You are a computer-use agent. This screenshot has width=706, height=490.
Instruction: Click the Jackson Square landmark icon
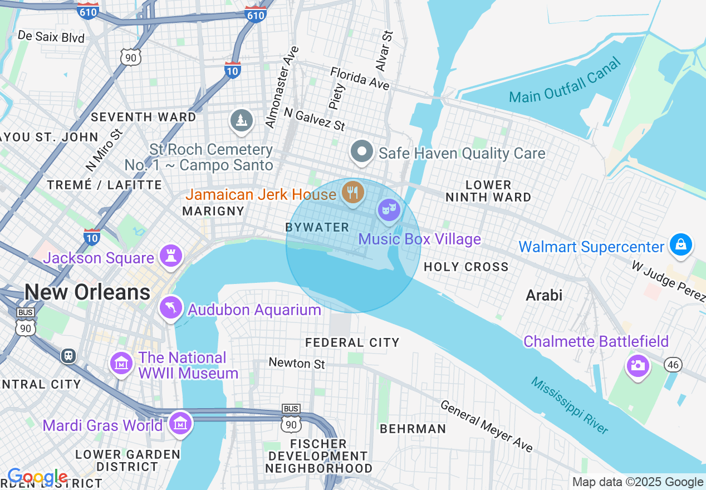[x=171, y=256]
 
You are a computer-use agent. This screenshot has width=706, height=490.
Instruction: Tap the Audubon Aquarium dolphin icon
[x=171, y=307]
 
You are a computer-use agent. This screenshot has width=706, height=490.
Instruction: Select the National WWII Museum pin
[x=121, y=363]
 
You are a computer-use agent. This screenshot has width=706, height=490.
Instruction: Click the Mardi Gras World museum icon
[x=180, y=423]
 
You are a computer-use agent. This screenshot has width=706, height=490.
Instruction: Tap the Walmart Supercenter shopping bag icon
[x=680, y=244]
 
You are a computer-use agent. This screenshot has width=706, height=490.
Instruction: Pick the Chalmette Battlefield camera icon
[x=638, y=366]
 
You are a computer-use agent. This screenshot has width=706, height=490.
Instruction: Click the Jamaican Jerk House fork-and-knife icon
[x=352, y=193]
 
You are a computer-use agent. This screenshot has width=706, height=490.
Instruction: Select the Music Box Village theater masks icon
[x=388, y=210]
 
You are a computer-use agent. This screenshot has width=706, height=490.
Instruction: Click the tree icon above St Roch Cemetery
[x=241, y=120]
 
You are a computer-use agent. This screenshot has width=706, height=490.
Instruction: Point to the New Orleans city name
[x=87, y=292]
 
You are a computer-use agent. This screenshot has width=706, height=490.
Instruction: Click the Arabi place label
[x=544, y=295]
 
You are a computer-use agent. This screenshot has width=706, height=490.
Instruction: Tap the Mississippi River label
[x=569, y=405]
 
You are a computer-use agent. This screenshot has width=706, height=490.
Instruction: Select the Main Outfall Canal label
[x=565, y=81]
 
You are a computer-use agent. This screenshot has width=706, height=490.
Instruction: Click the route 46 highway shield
[x=673, y=365]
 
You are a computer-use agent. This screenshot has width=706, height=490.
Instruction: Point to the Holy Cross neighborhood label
[x=466, y=267]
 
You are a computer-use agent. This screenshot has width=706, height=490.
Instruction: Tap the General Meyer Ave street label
[x=487, y=426]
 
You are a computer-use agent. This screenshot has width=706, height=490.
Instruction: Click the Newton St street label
[x=297, y=364]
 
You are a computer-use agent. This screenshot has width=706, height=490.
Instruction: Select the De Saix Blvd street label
[x=51, y=37]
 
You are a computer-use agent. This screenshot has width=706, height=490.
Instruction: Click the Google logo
[x=37, y=477]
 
